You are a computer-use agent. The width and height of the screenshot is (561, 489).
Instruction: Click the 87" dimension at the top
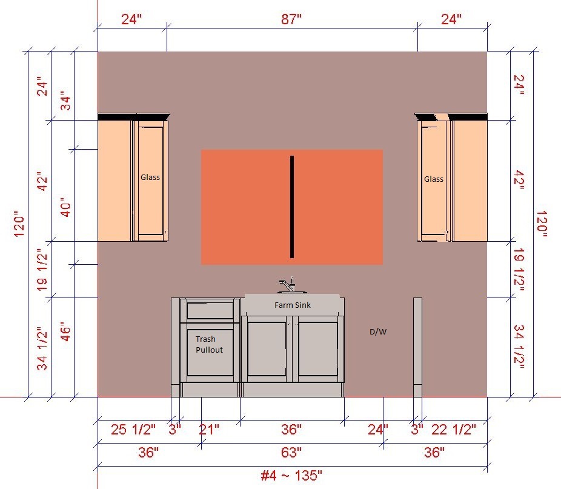(x=291, y=19)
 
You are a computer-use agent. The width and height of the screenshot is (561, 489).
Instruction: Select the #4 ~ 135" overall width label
(x=291, y=476)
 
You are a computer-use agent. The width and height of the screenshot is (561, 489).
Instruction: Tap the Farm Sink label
(x=292, y=305)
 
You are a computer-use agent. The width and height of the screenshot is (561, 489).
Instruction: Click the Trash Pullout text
(x=209, y=344)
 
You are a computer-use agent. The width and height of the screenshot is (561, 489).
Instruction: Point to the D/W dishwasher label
(x=378, y=331)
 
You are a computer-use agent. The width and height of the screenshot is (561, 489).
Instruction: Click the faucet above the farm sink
(x=287, y=285)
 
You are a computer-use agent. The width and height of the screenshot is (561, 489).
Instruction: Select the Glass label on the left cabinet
(x=150, y=177)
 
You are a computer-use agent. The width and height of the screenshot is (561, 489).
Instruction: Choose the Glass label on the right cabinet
(x=434, y=179)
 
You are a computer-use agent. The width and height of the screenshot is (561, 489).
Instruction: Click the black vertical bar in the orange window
(x=292, y=207)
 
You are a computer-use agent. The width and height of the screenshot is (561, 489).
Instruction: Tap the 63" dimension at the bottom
(x=291, y=453)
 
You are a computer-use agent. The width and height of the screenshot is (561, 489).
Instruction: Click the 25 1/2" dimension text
(x=133, y=430)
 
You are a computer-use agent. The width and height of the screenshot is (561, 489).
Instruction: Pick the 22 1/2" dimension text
(x=454, y=430)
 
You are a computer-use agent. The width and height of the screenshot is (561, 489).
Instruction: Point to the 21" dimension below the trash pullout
(x=209, y=430)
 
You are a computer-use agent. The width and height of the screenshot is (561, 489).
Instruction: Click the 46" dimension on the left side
(x=66, y=334)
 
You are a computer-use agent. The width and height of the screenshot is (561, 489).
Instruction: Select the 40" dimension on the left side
(x=66, y=207)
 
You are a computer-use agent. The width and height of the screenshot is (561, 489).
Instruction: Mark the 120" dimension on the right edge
(x=542, y=224)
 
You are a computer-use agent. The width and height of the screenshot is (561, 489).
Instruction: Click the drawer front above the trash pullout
(x=210, y=310)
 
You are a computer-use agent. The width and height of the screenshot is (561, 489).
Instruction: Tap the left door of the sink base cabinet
(x=267, y=349)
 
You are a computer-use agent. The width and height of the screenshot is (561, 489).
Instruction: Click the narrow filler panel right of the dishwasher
(x=417, y=347)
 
